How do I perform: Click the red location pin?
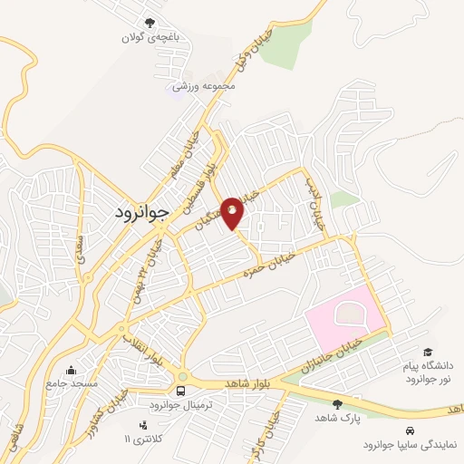(233, 213)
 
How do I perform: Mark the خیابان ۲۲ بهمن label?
(150, 262)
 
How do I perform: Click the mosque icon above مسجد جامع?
(71, 370)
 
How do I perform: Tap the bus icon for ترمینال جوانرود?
(182, 391)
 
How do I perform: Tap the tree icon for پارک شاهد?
(338, 404)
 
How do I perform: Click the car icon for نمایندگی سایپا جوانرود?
(411, 430)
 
